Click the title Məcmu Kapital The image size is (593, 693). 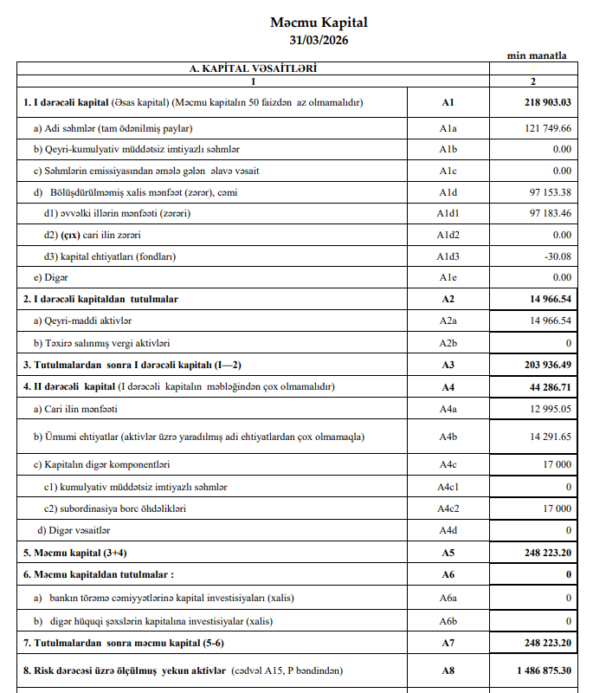[319, 23]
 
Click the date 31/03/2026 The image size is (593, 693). [319, 40]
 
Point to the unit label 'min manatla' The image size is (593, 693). [537, 55]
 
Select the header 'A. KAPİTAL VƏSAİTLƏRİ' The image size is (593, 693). [253, 68]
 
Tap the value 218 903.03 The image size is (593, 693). [543, 102]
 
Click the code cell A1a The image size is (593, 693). [448, 128]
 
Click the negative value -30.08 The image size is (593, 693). [555, 256]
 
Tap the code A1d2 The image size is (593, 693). [448, 235]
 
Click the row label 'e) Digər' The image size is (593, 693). [51, 277]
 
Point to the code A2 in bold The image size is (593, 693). [448, 299]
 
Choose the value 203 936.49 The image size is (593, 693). [543, 365]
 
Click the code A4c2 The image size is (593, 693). [448, 508]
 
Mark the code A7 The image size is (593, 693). [448, 642]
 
